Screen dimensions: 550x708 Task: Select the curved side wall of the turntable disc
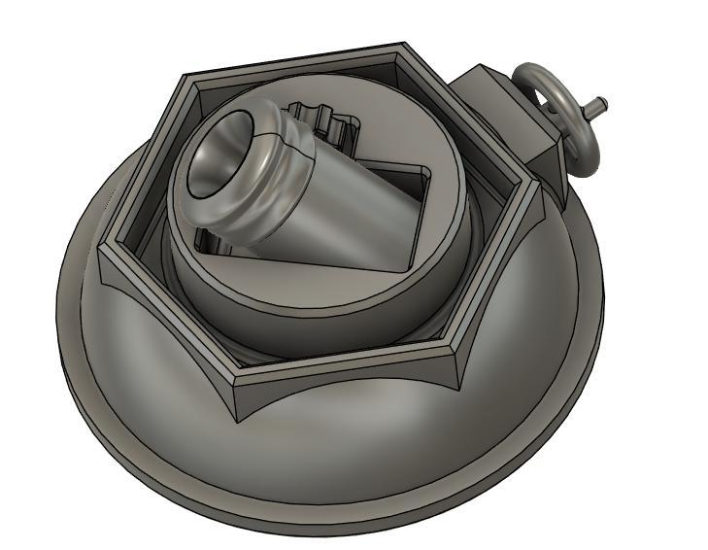pyautogui.click(x=291, y=311)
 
